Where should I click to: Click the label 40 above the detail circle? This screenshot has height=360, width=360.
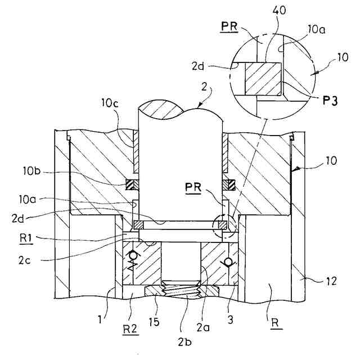(279, 10)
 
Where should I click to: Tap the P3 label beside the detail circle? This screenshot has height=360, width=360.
(330, 100)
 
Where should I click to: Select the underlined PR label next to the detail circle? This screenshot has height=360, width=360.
(229, 26)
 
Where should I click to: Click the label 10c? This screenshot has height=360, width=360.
(110, 103)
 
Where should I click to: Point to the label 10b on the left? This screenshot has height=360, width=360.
(31, 171)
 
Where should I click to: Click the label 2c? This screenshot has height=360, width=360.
(25, 260)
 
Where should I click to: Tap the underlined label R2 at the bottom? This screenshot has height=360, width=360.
(130, 330)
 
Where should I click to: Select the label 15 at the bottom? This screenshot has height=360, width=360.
(154, 322)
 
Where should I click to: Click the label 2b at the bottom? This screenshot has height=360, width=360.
(185, 342)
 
